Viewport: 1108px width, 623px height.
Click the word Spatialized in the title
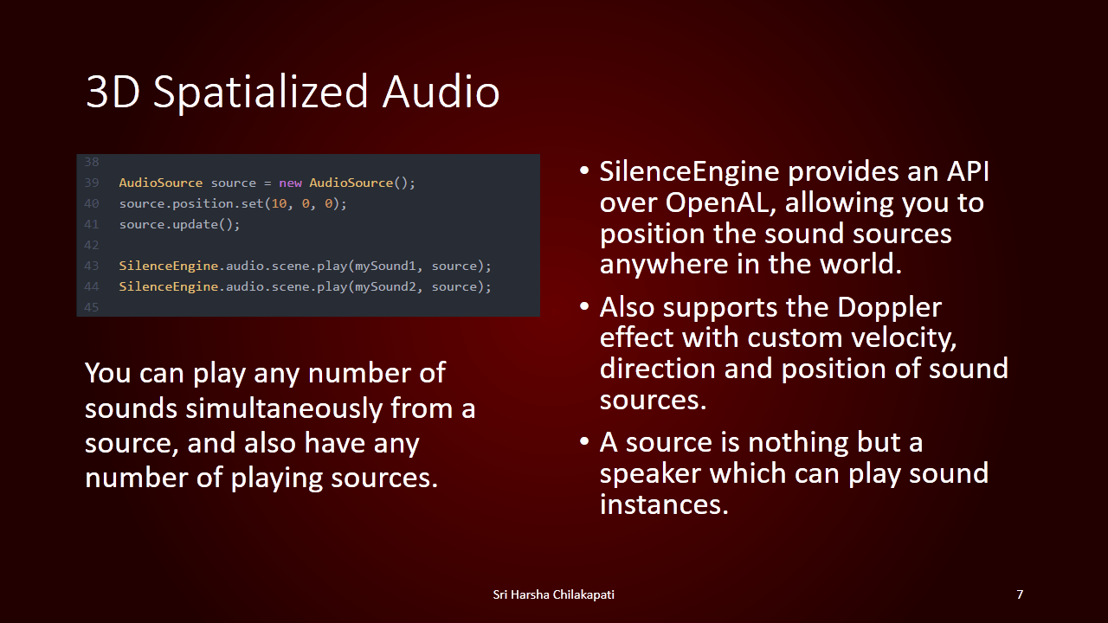[x=261, y=93]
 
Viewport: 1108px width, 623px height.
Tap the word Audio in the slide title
[x=441, y=91]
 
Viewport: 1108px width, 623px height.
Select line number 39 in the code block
[x=92, y=183]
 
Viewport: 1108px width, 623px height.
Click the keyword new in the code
[x=290, y=183]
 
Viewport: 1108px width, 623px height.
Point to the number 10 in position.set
[x=279, y=203]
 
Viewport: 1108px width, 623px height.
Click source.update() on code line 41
[x=179, y=224]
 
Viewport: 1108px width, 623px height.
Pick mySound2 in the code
[x=385, y=286]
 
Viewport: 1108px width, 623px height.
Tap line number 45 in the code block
[x=92, y=307]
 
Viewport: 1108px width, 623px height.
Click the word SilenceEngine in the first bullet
[x=690, y=172]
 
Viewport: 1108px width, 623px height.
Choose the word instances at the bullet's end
[x=664, y=504]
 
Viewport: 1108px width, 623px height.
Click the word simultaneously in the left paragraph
[x=284, y=409]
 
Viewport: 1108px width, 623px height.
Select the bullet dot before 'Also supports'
[x=584, y=306]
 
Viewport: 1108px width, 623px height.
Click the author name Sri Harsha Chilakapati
[x=553, y=594]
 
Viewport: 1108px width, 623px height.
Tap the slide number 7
[x=1020, y=594]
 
